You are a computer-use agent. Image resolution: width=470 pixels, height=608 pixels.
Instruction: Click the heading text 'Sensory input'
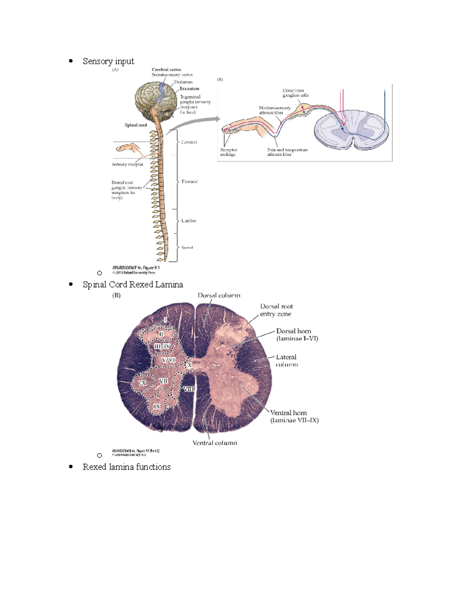[108, 61]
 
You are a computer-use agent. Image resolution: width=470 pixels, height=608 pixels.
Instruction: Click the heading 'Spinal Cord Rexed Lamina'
[133, 284]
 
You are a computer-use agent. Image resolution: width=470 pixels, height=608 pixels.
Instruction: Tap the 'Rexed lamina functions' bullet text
[127, 467]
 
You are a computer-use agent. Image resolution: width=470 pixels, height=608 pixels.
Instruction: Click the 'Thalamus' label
[183, 82]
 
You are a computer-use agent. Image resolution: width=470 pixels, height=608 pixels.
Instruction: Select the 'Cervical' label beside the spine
[189, 142]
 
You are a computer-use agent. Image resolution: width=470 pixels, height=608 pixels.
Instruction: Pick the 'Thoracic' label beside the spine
[189, 182]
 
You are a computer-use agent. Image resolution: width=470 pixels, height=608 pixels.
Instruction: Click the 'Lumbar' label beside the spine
[189, 221]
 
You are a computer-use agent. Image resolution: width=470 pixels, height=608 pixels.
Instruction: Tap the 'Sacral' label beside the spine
[187, 247]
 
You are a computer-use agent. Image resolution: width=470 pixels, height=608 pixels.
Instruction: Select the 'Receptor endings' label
[229, 152]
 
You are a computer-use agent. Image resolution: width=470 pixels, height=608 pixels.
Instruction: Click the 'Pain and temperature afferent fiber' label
[287, 152]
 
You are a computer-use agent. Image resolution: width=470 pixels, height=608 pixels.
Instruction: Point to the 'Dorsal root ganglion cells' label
[296, 93]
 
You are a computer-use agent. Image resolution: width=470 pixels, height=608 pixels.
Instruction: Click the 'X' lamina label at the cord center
[190, 365]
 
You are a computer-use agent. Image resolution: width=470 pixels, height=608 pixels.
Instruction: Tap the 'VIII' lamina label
[188, 389]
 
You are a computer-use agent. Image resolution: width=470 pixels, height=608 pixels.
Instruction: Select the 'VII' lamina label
[163, 381]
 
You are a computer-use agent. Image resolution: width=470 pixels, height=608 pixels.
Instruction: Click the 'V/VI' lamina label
[168, 360]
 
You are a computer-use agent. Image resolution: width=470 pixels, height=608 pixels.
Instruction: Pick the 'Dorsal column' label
[219, 296]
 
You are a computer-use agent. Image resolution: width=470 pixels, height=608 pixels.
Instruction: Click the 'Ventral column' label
[215, 443]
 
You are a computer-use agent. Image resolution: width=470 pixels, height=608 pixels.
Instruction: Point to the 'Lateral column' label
[286, 361]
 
